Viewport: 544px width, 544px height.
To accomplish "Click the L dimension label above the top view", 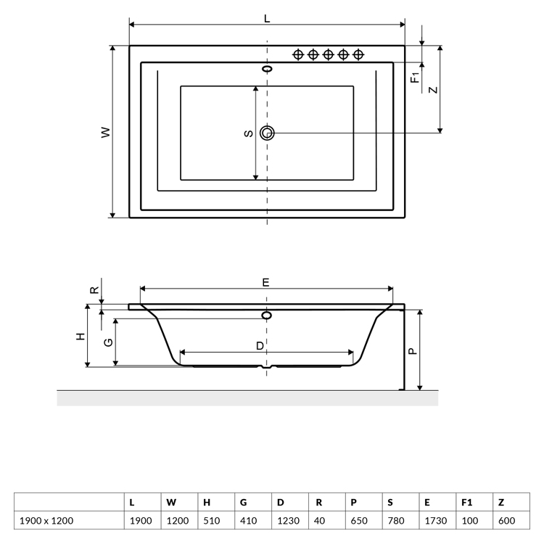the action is [267, 18].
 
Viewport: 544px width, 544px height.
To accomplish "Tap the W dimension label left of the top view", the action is [106, 132].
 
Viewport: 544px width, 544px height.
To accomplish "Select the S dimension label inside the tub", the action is [248, 133].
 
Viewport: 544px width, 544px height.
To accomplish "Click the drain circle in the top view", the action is [267, 133].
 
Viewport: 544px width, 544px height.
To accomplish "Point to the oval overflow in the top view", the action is [267, 69].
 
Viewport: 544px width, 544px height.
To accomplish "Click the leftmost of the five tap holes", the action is [298, 54].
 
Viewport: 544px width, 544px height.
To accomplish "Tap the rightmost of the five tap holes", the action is [358, 54].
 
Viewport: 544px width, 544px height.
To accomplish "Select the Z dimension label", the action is [433, 90].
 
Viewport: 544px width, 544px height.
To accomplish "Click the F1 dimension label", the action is [415, 78].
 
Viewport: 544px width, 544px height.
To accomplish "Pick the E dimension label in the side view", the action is [265, 282].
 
